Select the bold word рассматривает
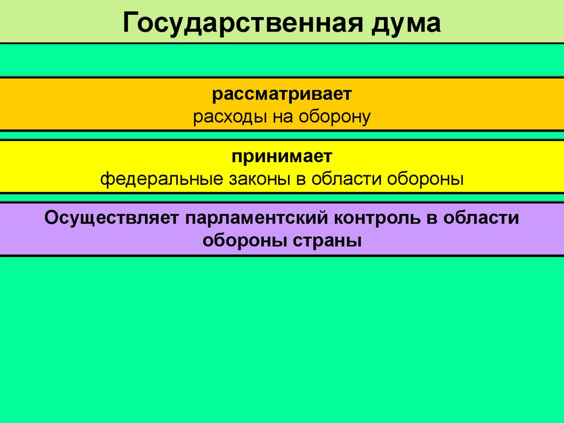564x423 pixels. (282, 94)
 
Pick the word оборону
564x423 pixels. (335, 117)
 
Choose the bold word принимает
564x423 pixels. (282, 156)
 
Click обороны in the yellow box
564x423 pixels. (427, 179)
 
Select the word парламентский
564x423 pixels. (256, 217)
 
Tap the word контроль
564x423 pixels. (377, 217)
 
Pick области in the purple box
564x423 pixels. (484, 217)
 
